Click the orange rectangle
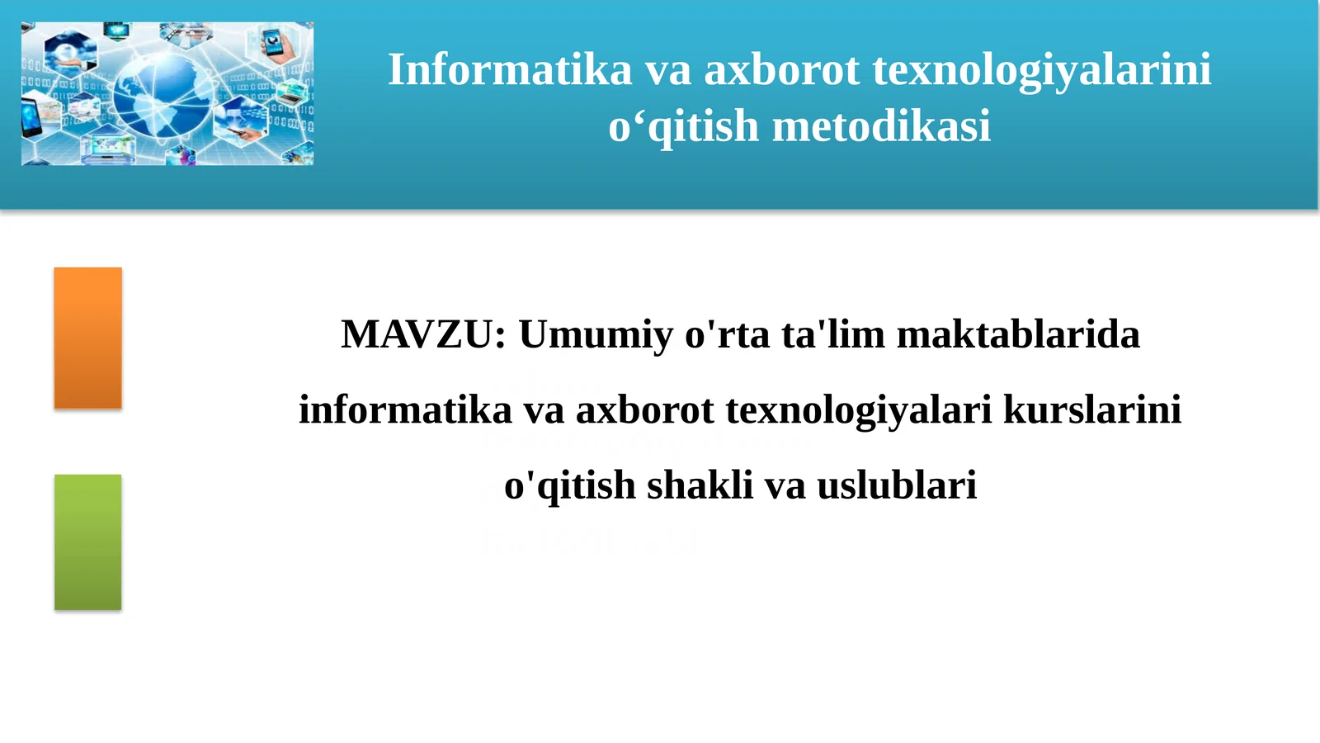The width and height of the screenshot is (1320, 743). tap(87, 338)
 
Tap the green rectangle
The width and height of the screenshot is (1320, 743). tap(87, 542)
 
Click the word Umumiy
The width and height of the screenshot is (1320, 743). tap(596, 335)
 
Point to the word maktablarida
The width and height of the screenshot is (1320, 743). tap(1018, 335)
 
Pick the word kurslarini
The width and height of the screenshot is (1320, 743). tap(1091, 410)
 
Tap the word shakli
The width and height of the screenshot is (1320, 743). tap(700, 485)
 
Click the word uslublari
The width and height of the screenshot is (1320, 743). tap(897, 485)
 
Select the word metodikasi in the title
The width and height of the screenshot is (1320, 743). tap(881, 127)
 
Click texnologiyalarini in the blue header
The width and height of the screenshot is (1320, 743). tap(1042, 70)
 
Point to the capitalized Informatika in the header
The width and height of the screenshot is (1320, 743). tap(510, 70)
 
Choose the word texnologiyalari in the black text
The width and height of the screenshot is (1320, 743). tap(858, 410)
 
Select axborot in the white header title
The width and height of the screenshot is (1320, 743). tap(782, 70)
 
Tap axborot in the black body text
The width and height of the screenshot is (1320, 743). tap(644, 410)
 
